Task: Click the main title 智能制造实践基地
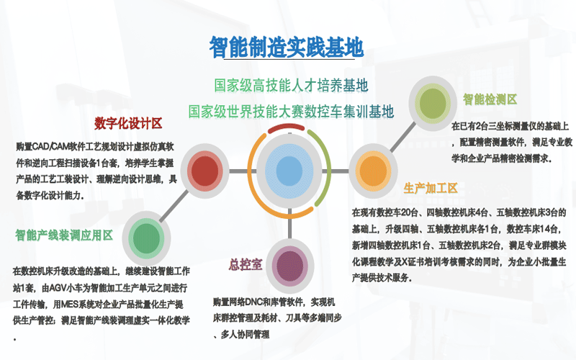coord(287,47)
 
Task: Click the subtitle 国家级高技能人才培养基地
coord(291,85)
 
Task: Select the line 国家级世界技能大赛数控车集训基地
coord(291,112)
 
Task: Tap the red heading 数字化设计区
coord(128,123)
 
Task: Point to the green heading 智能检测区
coord(490,99)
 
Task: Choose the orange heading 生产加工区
coord(431,188)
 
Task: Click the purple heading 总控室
coord(246,264)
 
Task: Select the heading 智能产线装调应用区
coord(64,235)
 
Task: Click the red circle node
coord(205,171)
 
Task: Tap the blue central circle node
coord(289,171)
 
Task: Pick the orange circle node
coord(373,171)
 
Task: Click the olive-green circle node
coord(433,103)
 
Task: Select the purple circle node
coord(290,266)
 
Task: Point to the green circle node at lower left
coord(146,239)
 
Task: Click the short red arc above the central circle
coord(287,127)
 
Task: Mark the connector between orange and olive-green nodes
coord(403,137)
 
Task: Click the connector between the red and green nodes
coord(174,206)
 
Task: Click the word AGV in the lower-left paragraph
coord(58,287)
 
